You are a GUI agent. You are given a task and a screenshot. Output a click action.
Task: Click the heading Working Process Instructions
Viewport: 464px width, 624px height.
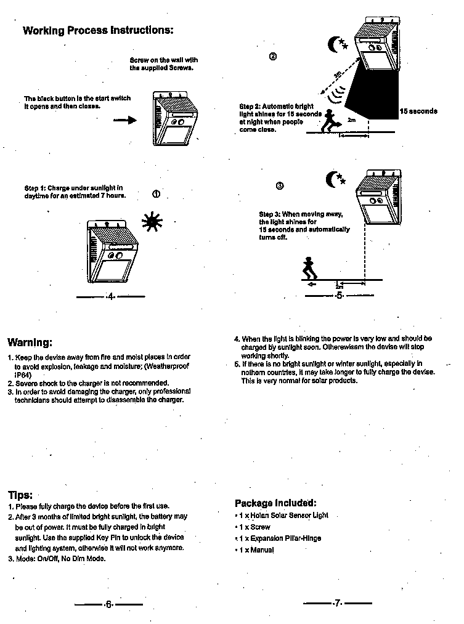pyautogui.click(x=98, y=30)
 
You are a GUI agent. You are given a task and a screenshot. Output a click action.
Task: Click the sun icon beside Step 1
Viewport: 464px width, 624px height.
pyautogui.click(x=152, y=221)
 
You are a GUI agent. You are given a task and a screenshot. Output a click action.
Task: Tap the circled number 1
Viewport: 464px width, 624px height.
pyautogui.click(x=157, y=194)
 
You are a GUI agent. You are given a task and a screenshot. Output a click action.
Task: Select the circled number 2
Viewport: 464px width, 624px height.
pyautogui.click(x=273, y=57)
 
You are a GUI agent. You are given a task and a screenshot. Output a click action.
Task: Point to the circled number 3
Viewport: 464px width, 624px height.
pyautogui.click(x=280, y=185)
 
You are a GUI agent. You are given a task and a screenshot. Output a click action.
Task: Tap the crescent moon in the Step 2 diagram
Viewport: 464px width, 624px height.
pyautogui.click(x=336, y=44)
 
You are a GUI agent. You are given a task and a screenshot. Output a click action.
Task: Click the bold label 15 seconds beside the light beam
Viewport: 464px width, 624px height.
pyautogui.click(x=418, y=111)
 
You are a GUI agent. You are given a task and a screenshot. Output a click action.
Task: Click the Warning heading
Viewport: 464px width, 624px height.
pyautogui.click(x=30, y=342)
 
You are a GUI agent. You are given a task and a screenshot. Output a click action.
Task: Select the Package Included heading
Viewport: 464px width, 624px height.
pyautogui.click(x=275, y=503)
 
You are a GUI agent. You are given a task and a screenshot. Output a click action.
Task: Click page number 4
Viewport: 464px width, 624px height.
pyautogui.click(x=110, y=297)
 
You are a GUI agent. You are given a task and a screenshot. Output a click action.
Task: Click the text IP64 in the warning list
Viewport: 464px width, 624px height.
pyautogui.click(x=23, y=375)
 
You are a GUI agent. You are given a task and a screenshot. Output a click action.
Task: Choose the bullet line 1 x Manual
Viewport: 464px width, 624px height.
pyautogui.click(x=256, y=549)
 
